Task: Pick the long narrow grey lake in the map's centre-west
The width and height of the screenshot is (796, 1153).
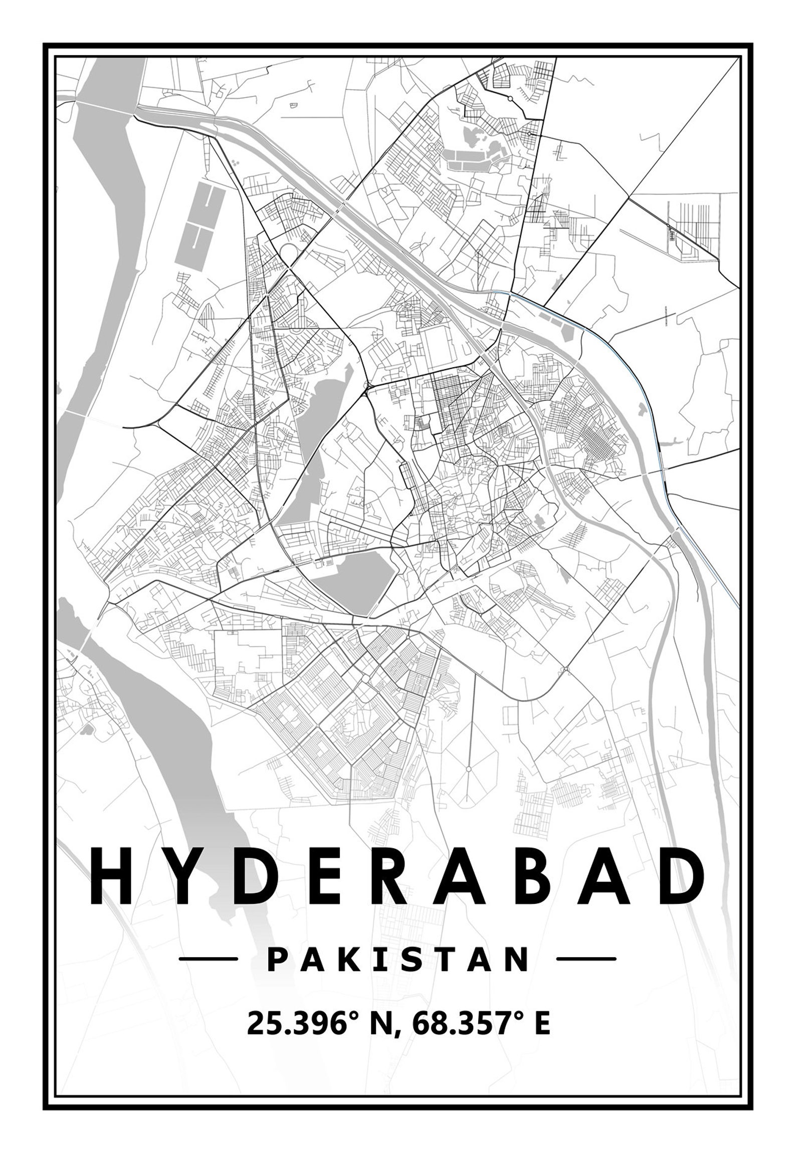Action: click(x=307, y=446)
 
